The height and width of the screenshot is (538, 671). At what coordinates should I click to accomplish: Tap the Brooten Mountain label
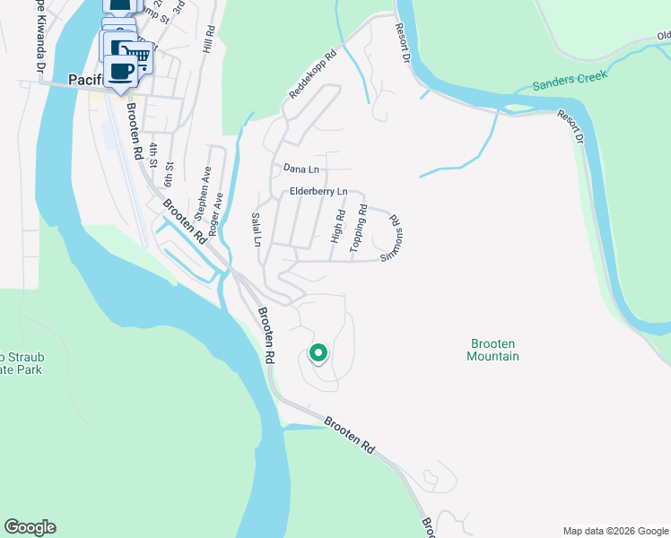[x=492, y=350]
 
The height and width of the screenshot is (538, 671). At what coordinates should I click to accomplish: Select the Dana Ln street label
[x=301, y=168]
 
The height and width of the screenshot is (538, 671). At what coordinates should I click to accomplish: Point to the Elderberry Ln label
[x=318, y=191]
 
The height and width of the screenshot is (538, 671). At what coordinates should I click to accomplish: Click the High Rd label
[x=338, y=227]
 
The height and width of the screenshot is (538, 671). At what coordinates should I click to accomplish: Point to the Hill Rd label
[x=210, y=41]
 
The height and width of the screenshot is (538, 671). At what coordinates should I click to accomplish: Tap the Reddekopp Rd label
[x=311, y=74]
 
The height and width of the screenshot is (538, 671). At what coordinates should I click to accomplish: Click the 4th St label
[x=154, y=155]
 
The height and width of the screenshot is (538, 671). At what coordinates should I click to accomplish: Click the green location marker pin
[x=318, y=354]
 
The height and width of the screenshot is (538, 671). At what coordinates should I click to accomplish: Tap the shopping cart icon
[x=137, y=55]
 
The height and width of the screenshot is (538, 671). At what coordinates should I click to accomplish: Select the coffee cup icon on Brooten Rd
[x=120, y=72]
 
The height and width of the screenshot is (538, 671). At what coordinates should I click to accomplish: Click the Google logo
[x=30, y=527]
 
